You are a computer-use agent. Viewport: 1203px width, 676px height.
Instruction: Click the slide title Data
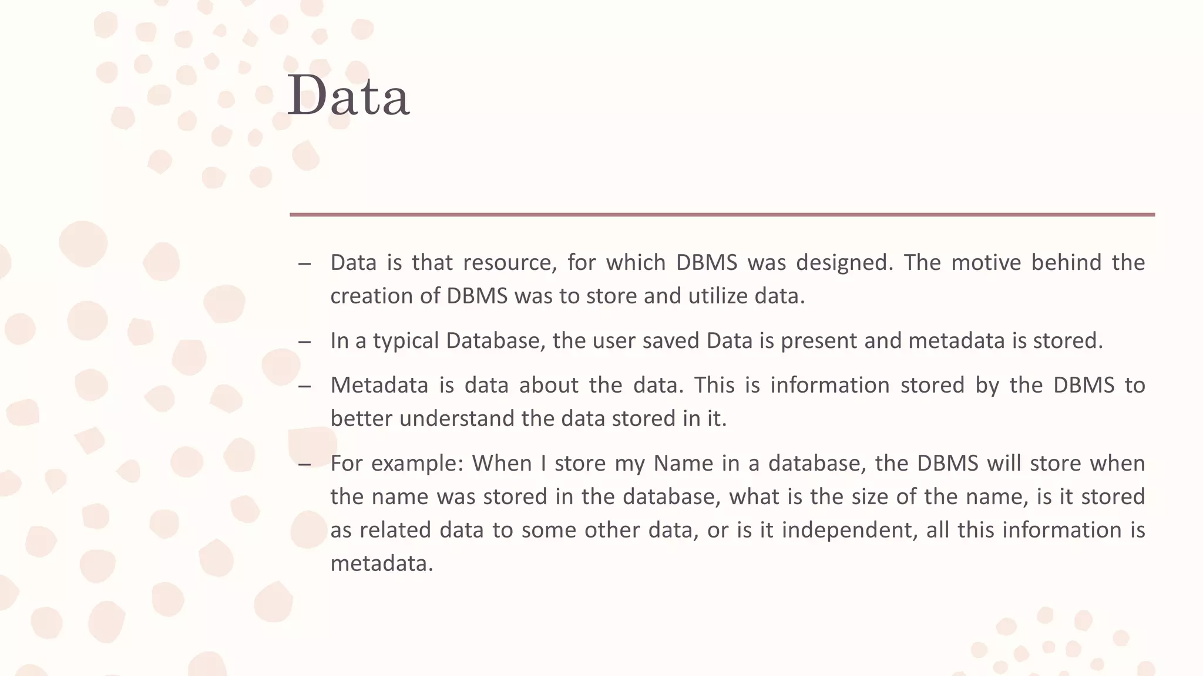point(348,96)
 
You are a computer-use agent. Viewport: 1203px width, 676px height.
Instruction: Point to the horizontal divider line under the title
point(722,215)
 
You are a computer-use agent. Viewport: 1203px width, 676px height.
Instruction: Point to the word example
point(418,464)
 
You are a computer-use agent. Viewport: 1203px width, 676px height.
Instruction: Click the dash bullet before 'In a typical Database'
point(304,342)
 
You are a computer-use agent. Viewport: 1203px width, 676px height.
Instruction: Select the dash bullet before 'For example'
point(304,464)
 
